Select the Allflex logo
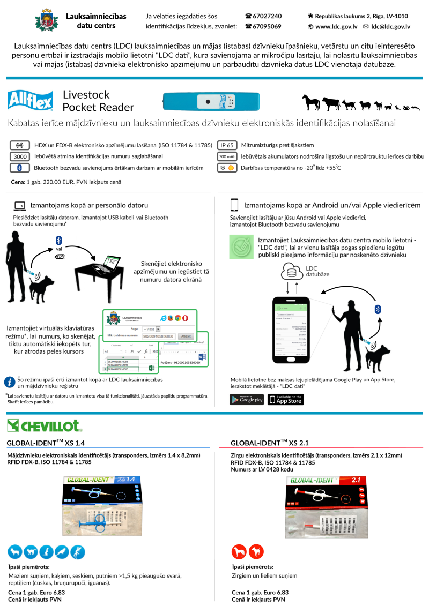31,100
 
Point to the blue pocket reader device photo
213,100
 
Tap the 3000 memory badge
20,156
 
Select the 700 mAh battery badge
227,156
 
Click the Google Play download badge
247,399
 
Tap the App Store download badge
286,399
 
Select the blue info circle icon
10,382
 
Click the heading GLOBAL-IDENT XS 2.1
270,443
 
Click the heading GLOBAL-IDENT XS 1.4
46,443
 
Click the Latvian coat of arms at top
46,21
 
